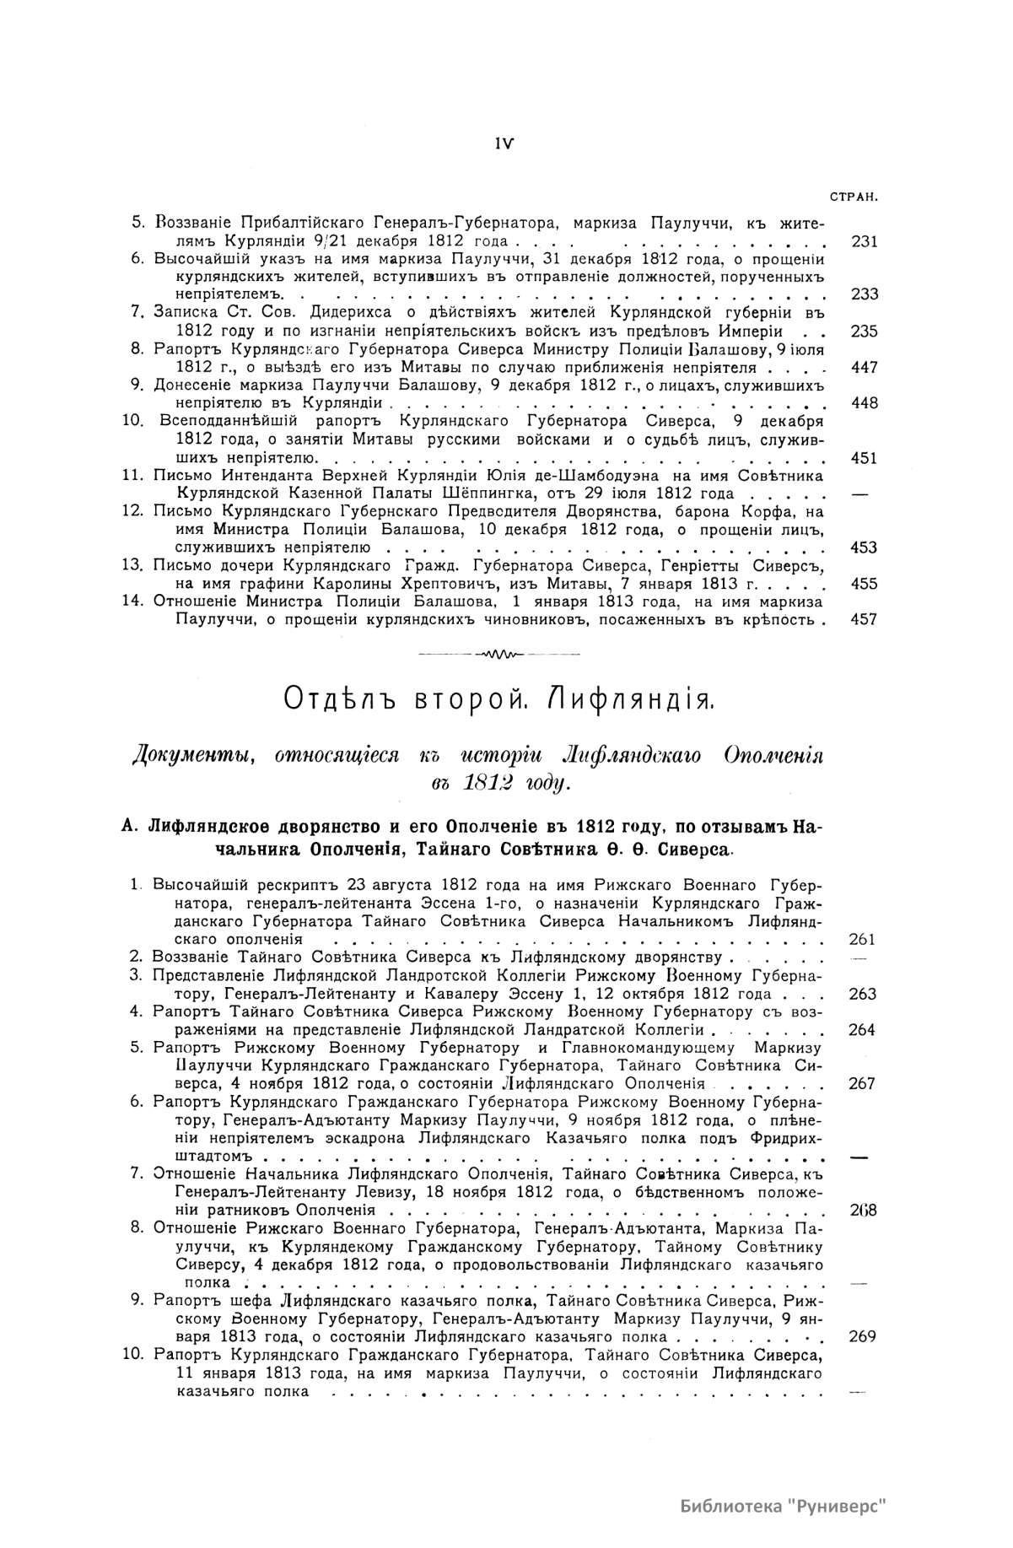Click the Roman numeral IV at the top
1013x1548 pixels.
(506, 143)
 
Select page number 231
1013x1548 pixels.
(865, 241)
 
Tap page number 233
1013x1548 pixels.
(865, 294)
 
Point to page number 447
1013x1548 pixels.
(865, 367)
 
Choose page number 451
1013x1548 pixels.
(865, 458)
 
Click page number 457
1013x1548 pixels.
(865, 619)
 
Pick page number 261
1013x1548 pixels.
(862, 939)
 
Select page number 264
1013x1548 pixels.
(862, 1029)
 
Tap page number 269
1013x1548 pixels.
(862, 1336)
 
